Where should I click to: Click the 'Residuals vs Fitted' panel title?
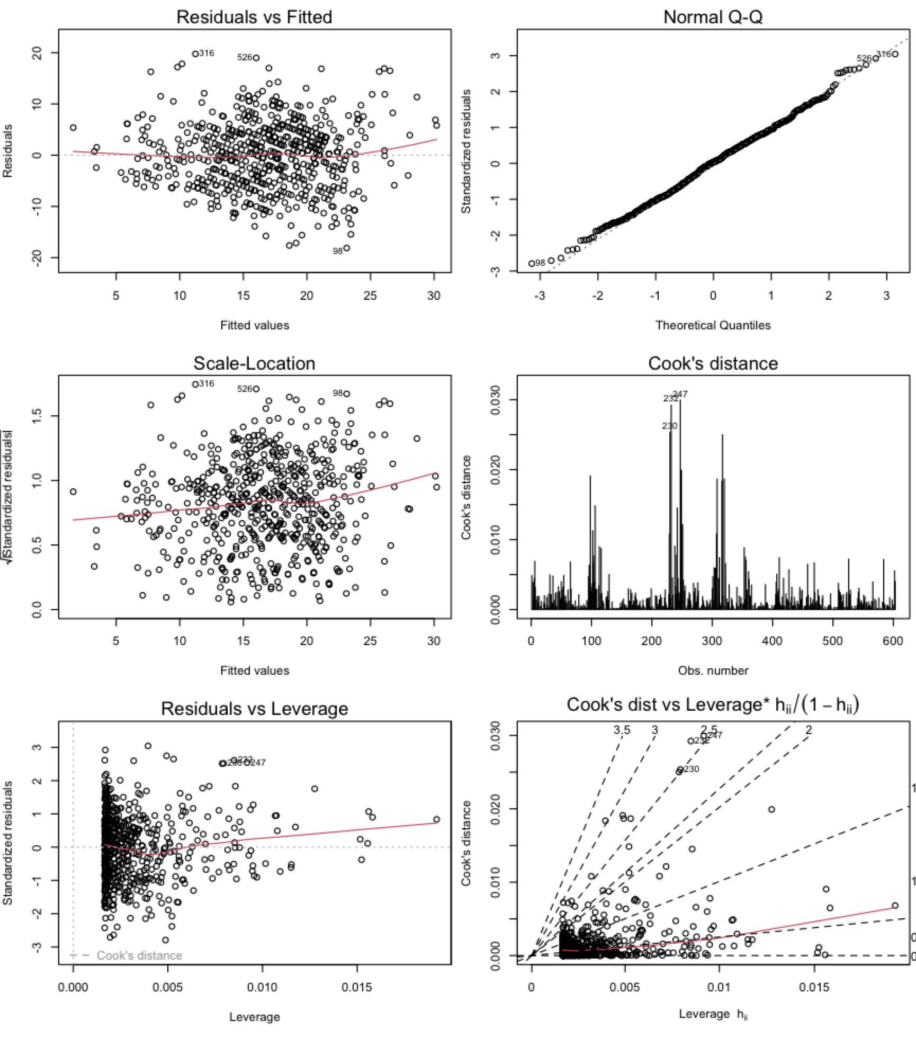(254, 17)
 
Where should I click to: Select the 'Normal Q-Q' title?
(713, 17)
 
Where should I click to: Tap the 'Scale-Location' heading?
(254, 363)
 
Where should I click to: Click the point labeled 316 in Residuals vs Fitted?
(195, 53)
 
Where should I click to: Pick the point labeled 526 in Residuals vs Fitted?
(256, 58)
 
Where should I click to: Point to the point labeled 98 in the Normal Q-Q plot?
(532, 263)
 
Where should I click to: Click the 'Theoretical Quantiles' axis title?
(713, 325)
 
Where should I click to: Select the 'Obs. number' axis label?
(713, 670)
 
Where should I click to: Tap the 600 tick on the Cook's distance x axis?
(893, 641)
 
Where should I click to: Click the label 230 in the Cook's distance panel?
(669, 426)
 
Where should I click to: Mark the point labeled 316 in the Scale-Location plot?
(195, 384)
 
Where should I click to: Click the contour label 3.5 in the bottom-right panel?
(622, 730)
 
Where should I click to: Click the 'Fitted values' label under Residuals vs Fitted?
(254, 325)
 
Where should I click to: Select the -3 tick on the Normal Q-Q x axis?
(539, 296)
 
